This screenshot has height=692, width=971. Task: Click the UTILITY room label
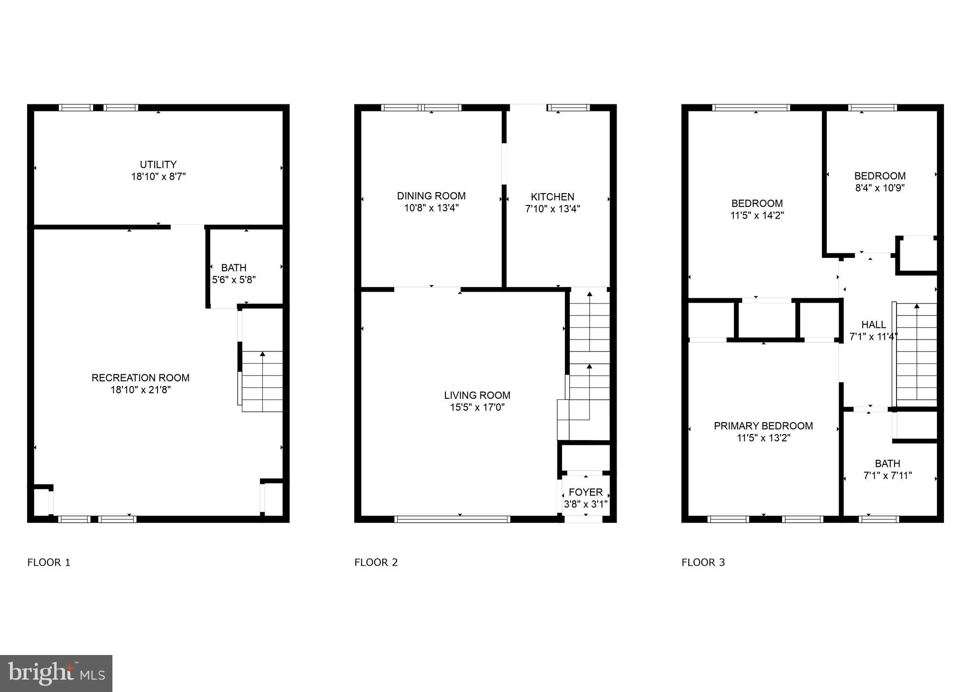pyautogui.click(x=158, y=165)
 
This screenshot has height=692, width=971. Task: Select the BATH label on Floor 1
pyautogui.click(x=233, y=268)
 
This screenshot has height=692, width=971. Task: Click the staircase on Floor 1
pyautogui.click(x=262, y=382)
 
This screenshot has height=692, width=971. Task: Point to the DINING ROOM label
pyautogui.click(x=431, y=196)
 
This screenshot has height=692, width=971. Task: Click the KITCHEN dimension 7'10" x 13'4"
pyautogui.click(x=553, y=209)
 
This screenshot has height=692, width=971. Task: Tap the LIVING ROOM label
pyautogui.click(x=477, y=395)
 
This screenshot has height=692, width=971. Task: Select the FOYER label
pyautogui.click(x=585, y=492)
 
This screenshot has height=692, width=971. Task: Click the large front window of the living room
pyautogui.click(x=452, y=519)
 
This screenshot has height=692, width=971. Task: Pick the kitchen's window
pyautogui.click(x=568, y=108)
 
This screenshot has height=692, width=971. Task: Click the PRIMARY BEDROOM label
pyautogui.click(x=763, y=426)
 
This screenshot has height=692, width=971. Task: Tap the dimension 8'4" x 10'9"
pyautogui.click(x=879, y=188)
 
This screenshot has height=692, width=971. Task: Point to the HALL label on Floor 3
pyautogui.click(x=873, y=325)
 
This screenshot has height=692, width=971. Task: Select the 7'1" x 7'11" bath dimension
pyautogui.click(x=887, y=476)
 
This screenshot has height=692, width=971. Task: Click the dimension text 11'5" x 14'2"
pyautogui.click(x=757, y=215)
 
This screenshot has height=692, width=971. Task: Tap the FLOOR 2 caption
pyautogui.click(x=376, y=563)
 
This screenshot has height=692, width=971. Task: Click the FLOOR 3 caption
pyautogui.click(x=703, y=563)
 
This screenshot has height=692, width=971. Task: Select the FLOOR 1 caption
pyautogui.click(x=49, y=563)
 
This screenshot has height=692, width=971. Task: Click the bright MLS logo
pyautogui.click(x=56, y=674)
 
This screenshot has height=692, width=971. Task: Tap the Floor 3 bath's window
pyautogui.click(x=879, y=519)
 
